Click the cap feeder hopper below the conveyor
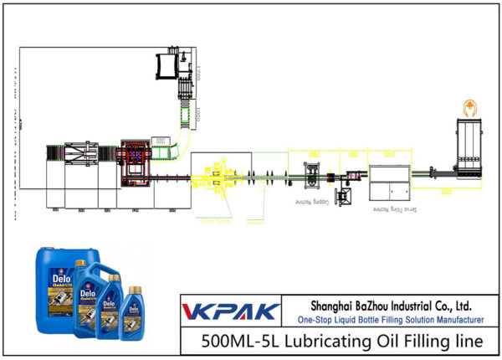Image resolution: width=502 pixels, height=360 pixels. (x=342, y=198)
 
